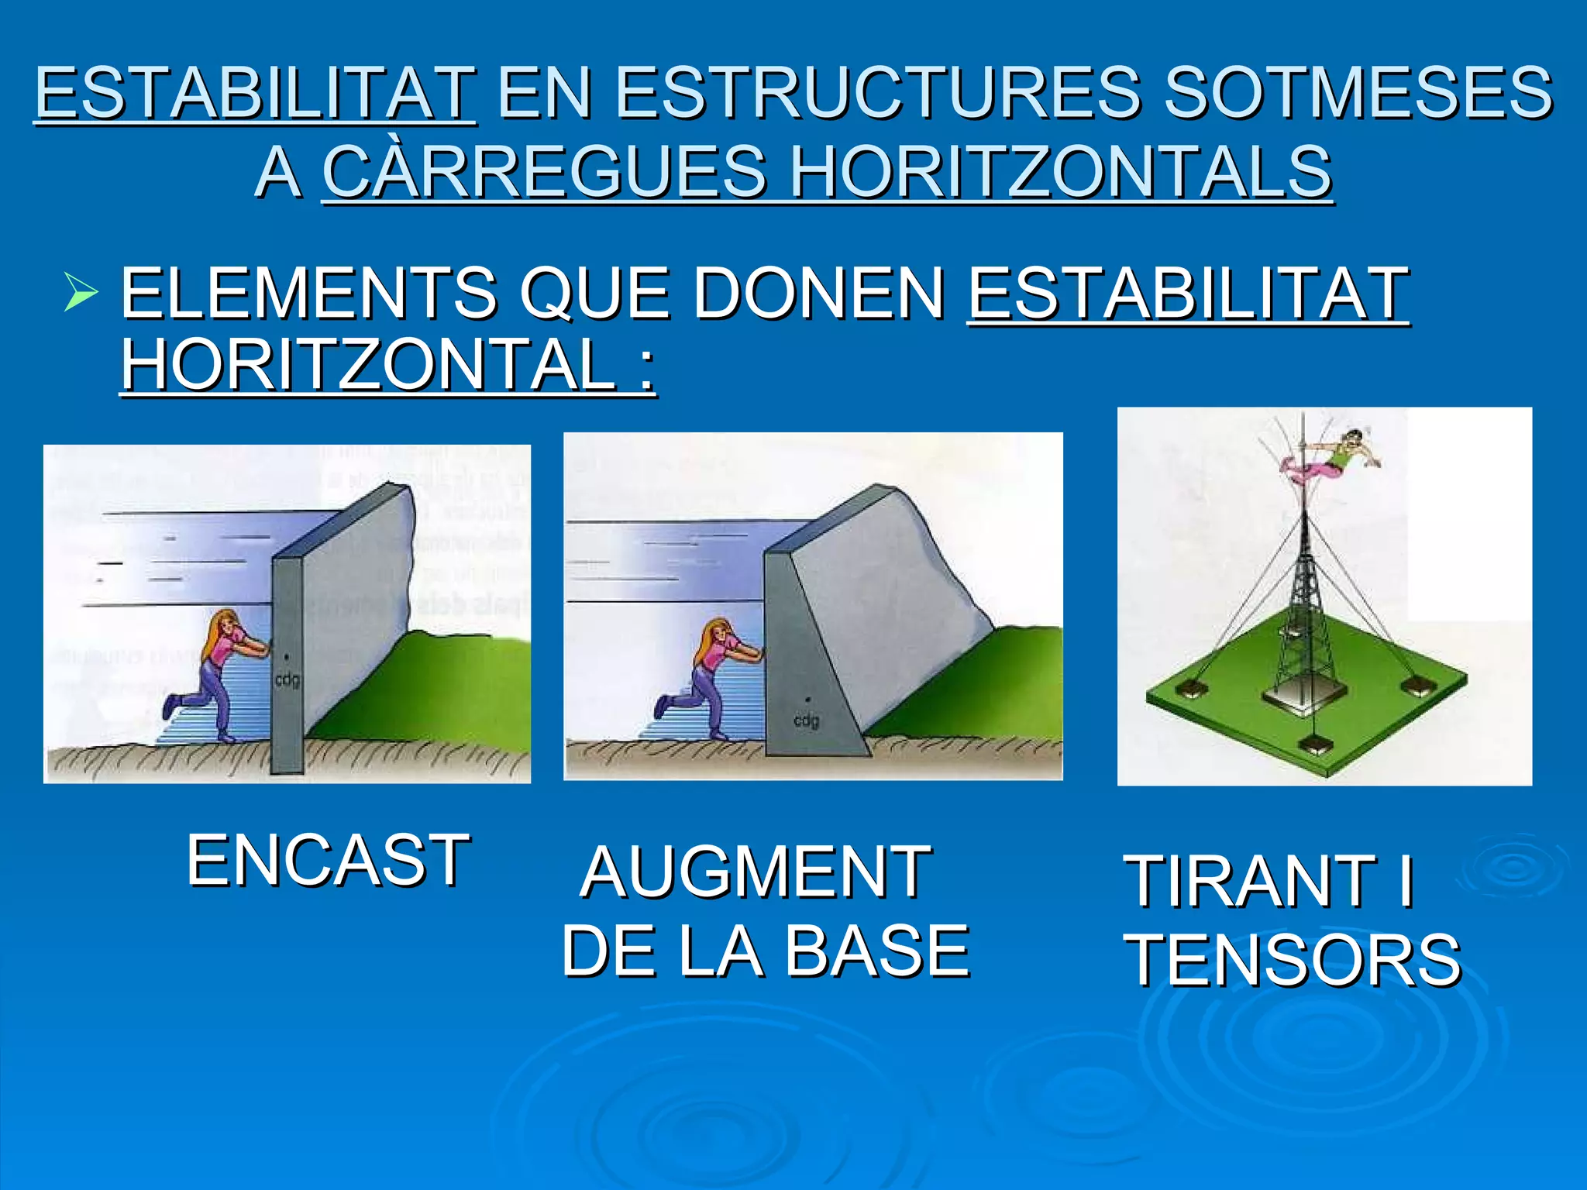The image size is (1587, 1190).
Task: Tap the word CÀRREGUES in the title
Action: coord(544,172)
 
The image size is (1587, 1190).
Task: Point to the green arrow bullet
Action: coord(81,292)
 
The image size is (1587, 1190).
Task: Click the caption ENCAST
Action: coord(328,860)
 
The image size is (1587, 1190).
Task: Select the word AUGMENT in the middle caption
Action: coord(756,873)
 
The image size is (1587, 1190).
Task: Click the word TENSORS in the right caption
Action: coord(1293,961)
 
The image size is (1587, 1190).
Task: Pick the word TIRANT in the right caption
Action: coord(1250,881)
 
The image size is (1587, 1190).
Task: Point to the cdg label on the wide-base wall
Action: coord(806,721)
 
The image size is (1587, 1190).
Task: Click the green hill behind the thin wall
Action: coord(434,690)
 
